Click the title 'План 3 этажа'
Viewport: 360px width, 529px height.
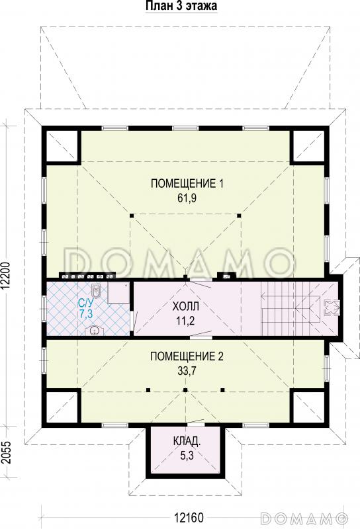(181, 5)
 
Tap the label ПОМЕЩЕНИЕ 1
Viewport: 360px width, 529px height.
(187, 184)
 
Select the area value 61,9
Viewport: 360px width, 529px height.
(187, 198)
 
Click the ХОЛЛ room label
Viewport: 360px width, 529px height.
(185, 307)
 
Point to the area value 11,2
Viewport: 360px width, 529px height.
(185, 321)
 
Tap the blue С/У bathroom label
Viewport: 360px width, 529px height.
(86, 302)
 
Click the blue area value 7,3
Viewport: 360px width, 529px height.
(86, 313)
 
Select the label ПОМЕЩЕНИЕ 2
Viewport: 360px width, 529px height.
(187, 356)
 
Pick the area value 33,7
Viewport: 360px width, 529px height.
(187, 371)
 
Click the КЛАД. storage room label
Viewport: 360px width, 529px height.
(187, 441)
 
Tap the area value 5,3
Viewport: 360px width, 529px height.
(187, 456)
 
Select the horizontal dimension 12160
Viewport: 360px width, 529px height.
(189, 517)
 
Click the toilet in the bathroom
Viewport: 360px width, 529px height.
(97, 291)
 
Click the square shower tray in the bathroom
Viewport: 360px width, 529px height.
(118, 293)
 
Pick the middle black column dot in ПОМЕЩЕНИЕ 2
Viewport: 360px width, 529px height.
(185, 390)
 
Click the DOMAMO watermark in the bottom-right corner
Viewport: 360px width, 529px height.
(304, 517)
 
